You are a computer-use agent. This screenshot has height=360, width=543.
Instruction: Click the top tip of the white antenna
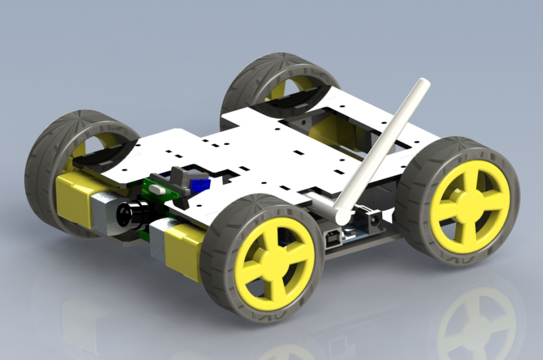[423, 84]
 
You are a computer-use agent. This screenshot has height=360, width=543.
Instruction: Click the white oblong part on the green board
[158, 191]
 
